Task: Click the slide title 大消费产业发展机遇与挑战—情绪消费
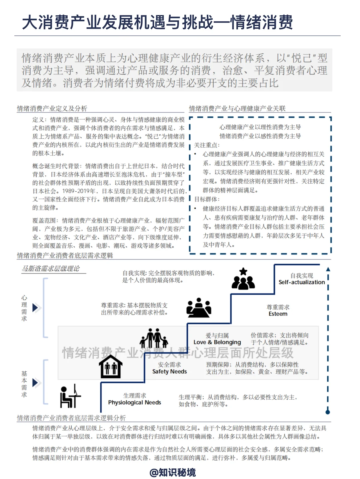click(x=157, y=23)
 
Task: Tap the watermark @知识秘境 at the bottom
click(x=172, y=472)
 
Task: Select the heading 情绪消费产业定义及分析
click(x=52, y=108)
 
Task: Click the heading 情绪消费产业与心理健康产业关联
click(x=237, y=108)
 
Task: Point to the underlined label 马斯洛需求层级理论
click(x=51, y=269)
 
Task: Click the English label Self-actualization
click(x=301, y=282)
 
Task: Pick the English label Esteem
click(x=278, y=314)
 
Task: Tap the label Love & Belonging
click(x=217, y=342)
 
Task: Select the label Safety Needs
click(x=169, y=372)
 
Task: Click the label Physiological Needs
click(x=134, y=403)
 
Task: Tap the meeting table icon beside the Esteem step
click(x=199, y=308)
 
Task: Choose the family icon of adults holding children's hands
click(x=154, y=338)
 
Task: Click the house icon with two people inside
click(x=110, y=366)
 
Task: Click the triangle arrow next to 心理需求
click(x=35, y=307)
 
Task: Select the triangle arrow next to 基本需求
click(x=35, y=383)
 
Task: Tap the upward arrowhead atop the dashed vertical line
click(x=328, y=269)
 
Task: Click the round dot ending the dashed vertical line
click(x=328, y=412)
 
